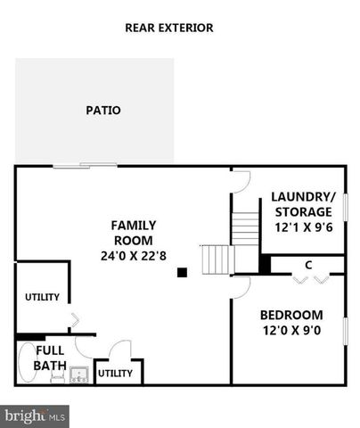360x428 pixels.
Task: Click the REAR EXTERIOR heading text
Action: (x=168, y=28)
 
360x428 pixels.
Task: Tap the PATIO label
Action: (x=102, y=111)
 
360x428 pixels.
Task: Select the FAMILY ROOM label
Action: (x=132, y=233)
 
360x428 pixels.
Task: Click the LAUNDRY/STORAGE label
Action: (x=304, y=204)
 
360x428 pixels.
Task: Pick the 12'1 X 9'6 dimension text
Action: (x=304, y=226)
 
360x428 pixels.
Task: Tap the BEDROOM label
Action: (x=290, y=315)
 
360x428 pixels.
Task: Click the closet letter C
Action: (x=307, y=265)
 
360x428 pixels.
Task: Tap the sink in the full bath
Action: (x=78, y=375)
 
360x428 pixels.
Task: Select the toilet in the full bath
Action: (x=55, y=378)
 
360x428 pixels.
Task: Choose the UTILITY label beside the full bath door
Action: (x=115, y=373)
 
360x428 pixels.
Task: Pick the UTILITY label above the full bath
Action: (x=41, y=297)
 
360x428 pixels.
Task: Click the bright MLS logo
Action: (x=34, y=415)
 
